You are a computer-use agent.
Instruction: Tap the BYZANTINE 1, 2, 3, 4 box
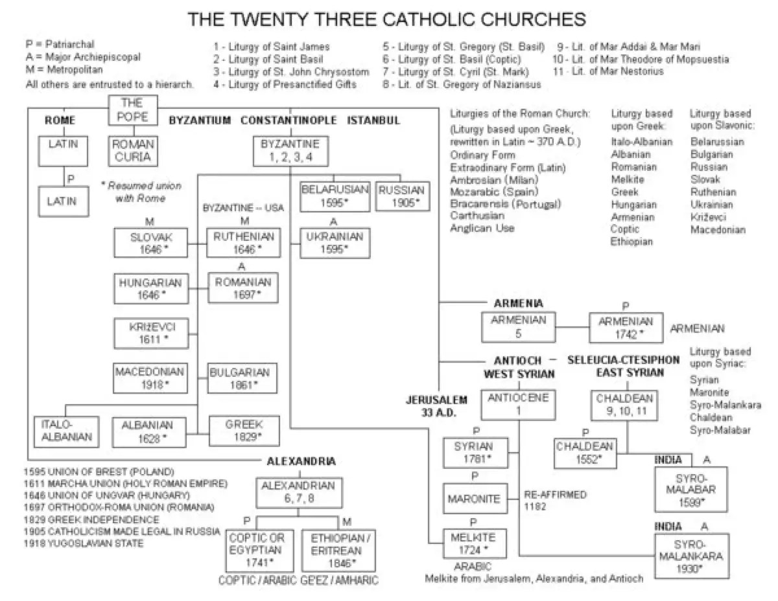[x=290, y=150]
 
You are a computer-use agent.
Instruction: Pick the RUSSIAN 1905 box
[x=401, y=196]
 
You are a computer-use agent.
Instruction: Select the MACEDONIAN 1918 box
[x=143, y=378]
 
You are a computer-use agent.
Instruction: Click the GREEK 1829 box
[x=243, y=431]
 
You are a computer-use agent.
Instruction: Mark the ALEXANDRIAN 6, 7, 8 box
[x=298, y=492]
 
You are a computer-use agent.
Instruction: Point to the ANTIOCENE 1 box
[x=519, y=404]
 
